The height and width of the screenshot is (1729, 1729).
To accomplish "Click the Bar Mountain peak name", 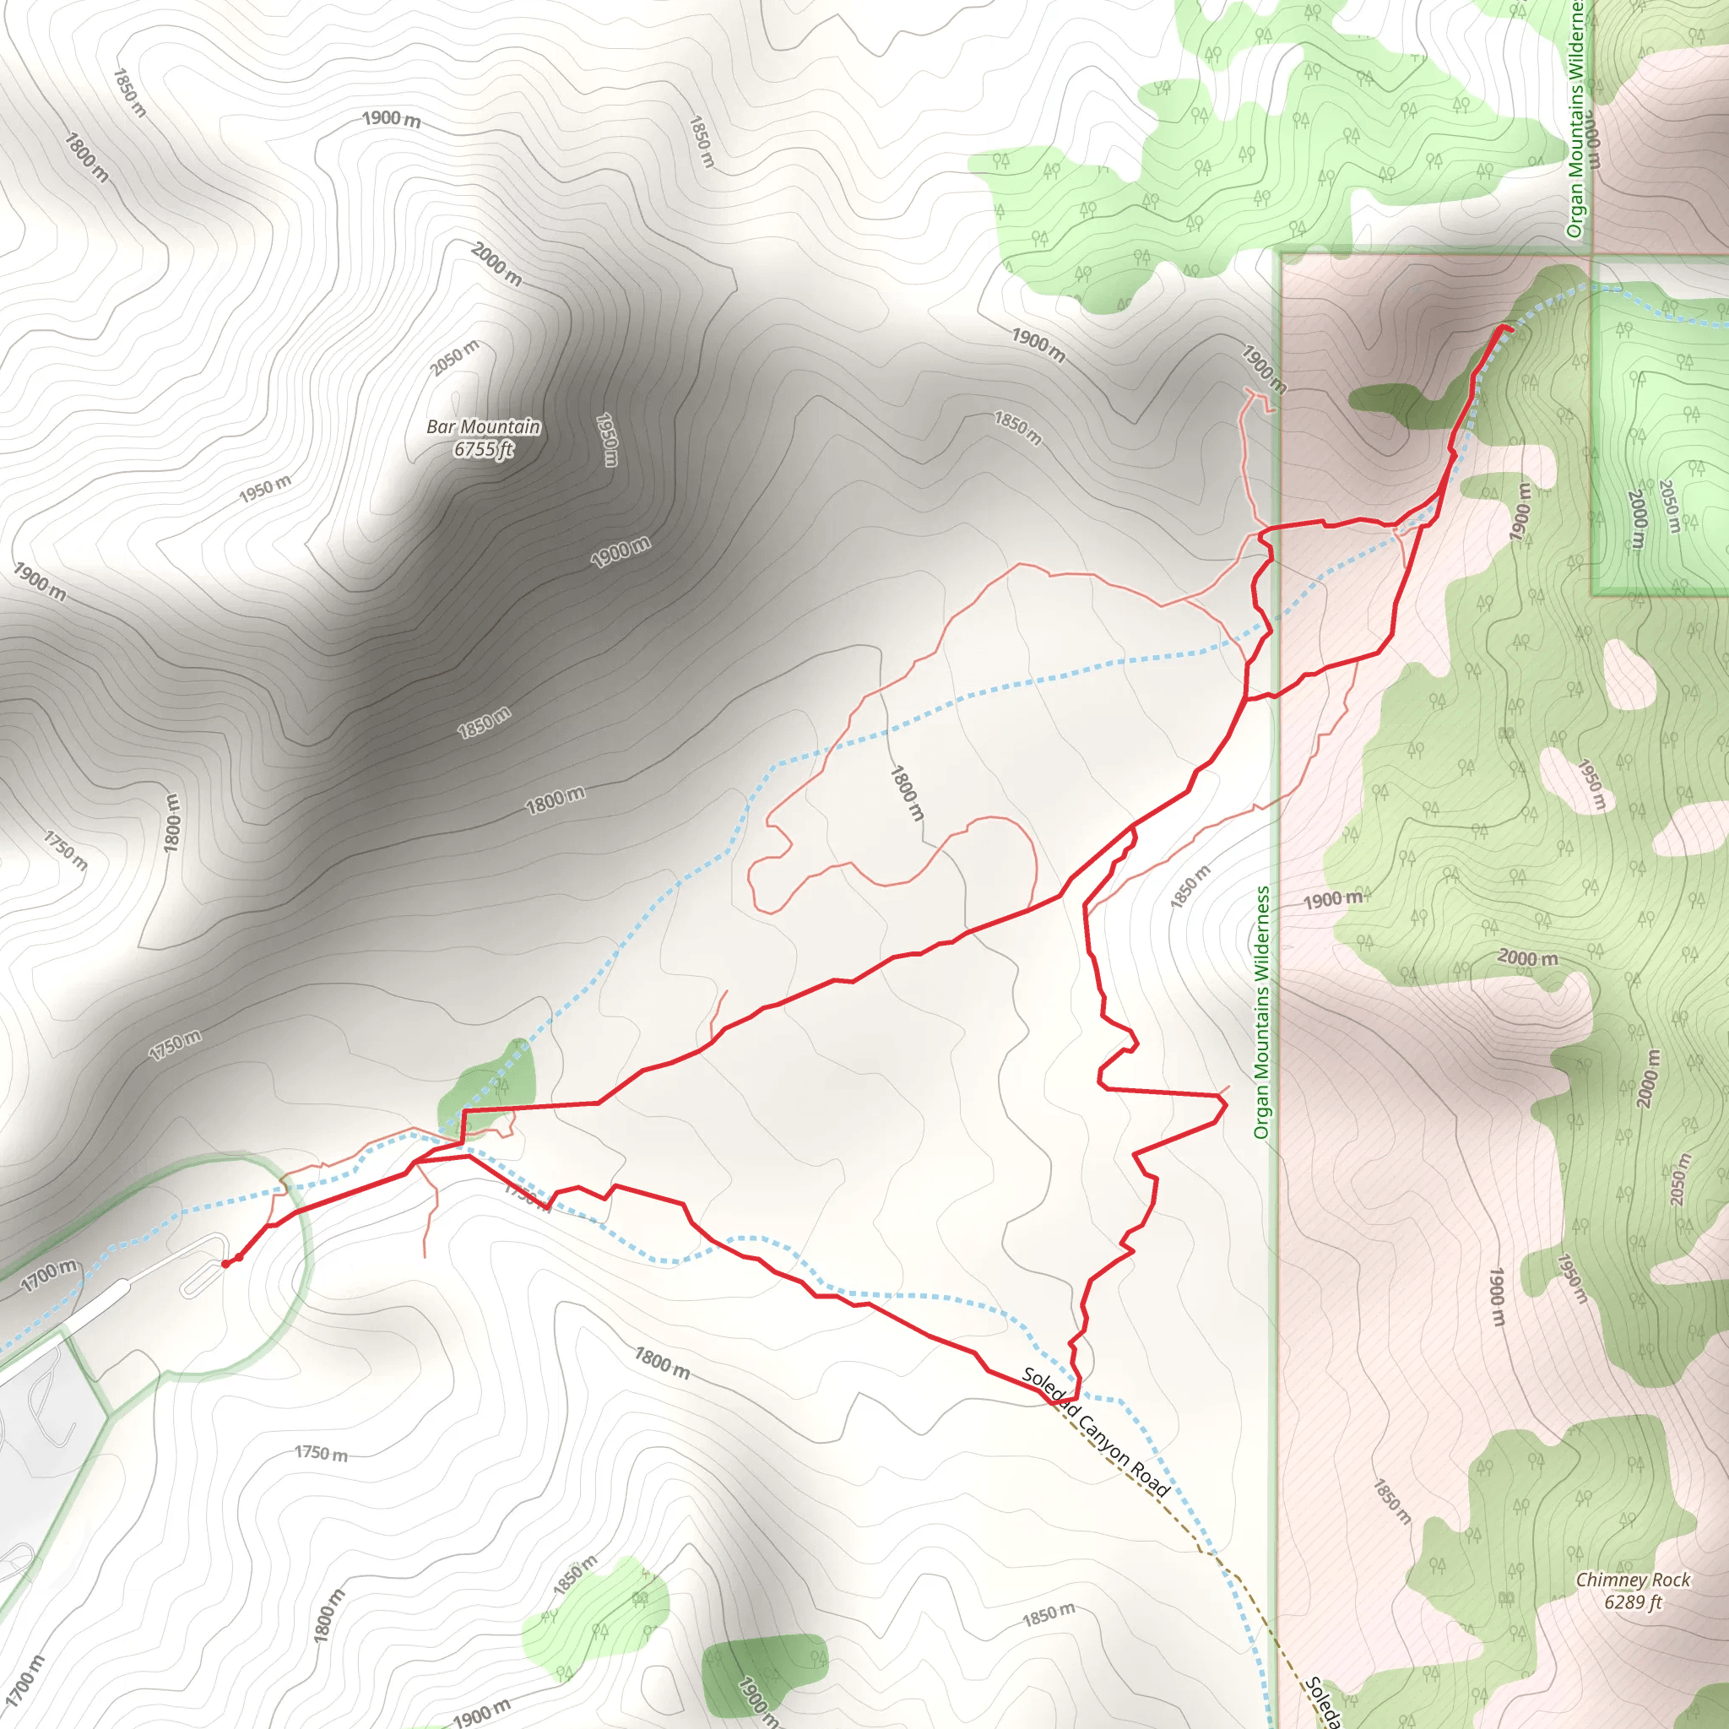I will [483, 427].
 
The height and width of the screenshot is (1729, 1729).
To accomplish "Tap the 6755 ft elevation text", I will [483, 448].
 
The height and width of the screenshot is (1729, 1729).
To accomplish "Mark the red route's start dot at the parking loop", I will [226, 1264].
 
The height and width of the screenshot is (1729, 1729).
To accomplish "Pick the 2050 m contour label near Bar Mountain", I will [455, 358].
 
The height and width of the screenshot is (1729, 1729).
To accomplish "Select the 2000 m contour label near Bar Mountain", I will [496, 264].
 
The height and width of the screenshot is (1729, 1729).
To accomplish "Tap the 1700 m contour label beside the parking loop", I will [50, 1276].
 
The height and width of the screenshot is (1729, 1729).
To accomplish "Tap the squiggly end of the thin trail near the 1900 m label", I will [1258, 400].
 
